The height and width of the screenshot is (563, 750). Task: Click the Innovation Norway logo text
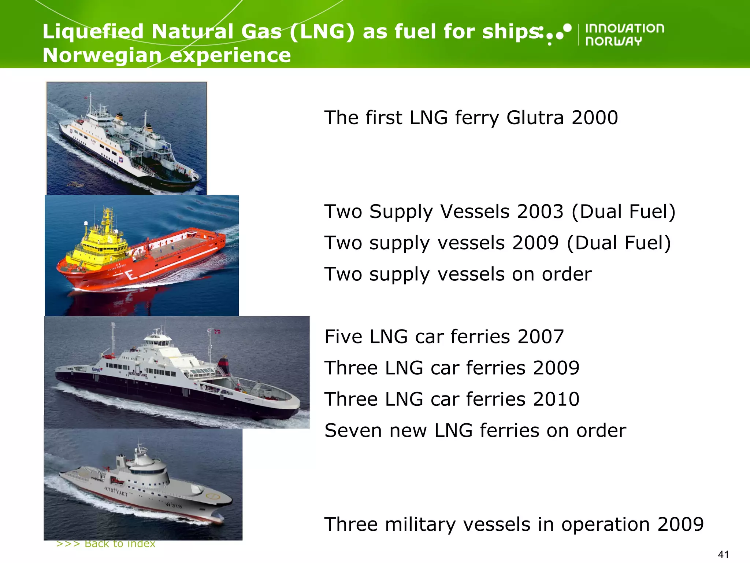click(624, 35)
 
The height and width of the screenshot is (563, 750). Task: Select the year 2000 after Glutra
click(595, 118)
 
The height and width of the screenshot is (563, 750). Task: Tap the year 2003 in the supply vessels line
click(539, 212)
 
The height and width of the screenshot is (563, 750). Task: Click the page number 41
click(723, 555)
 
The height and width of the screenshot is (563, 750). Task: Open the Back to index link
click(106, 544)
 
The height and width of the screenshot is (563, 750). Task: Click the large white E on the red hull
click(130, 275)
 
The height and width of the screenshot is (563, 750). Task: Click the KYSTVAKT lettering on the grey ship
click(116, 492)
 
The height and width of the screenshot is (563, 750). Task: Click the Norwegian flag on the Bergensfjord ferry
click(217, 332)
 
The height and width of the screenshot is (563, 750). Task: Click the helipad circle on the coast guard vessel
click(213, 497)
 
